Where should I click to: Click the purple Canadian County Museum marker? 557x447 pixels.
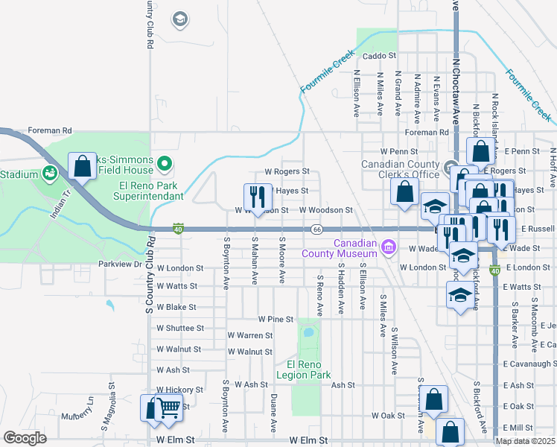coord(388,247)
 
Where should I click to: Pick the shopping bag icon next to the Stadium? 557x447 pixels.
coord(82,167)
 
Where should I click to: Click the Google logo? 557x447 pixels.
coord(24,438)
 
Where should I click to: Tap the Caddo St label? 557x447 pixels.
coord(380,56)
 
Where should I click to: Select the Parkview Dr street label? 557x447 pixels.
coord(120,264)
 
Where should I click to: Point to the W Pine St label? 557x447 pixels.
coord(276,319)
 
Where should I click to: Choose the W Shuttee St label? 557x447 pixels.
coord(176,328)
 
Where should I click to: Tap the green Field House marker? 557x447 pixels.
coord(166,162)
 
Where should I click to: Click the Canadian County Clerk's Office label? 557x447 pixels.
coord(401,169)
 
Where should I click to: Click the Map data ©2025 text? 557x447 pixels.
coord(526,441)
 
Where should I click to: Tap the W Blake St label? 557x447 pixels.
coord(176,307)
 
